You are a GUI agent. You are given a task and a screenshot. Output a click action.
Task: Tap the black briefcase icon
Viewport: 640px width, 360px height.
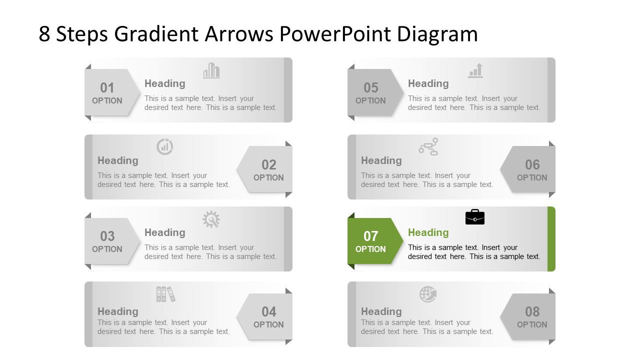tap(475, 217)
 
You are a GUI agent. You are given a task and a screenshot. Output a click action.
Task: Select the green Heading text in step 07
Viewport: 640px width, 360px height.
tap(428, 232)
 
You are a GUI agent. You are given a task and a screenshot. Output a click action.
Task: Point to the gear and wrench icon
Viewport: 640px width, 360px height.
tap(211, 219)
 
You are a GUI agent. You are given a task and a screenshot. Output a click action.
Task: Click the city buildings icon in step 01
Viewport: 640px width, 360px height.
tap(211, 70)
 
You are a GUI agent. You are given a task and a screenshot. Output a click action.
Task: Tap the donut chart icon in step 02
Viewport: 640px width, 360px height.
tap(165, 146)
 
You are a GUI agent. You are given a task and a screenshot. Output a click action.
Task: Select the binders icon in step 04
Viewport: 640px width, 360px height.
tap(165, 294)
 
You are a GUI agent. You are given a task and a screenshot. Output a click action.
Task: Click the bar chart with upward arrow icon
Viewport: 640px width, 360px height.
tap(475, 70)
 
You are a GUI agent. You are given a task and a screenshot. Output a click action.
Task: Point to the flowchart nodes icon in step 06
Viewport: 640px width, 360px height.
tap(428, 146)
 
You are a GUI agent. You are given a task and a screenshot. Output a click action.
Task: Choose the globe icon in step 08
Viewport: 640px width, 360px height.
tap(428, 294)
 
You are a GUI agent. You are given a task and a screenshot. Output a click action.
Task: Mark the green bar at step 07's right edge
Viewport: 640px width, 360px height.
tap(551, 239)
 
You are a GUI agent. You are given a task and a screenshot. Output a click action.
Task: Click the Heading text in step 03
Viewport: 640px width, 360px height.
tap(164, 232)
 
